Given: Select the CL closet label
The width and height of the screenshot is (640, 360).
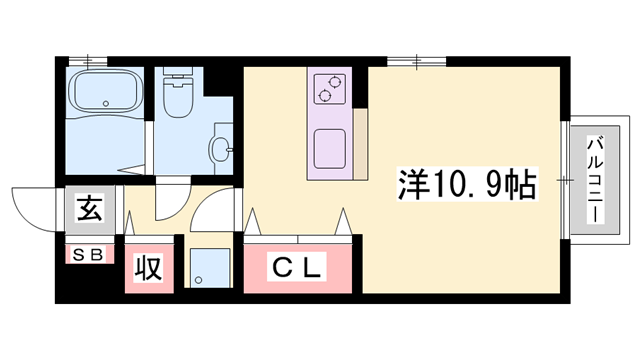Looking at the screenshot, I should coord(298,267).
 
